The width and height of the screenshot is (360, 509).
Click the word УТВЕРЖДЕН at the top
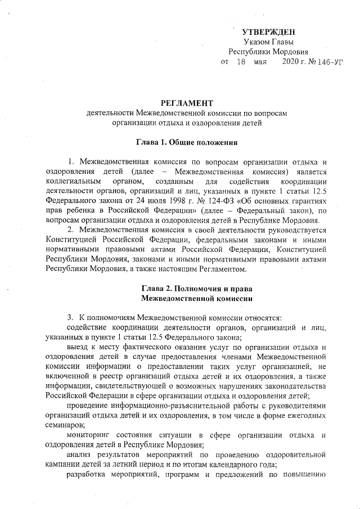pyautogui.click(x=268, y=31)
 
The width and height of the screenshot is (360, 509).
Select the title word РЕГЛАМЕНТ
pyautogui.click(x=187, y=103)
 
